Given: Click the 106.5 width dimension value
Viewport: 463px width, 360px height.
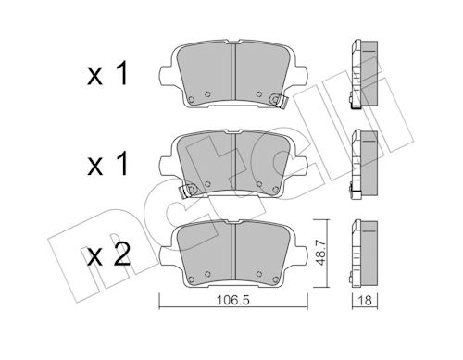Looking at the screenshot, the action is (233, 300).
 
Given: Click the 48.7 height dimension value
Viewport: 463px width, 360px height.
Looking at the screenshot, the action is (321, 253).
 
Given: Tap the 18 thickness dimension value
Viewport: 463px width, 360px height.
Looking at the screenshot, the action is (365, 300).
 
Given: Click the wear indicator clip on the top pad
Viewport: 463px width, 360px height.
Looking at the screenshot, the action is (279, 101).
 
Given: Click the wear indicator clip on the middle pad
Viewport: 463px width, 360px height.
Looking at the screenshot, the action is (188, 191).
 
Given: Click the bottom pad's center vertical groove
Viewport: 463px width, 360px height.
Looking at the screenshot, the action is (233, 252).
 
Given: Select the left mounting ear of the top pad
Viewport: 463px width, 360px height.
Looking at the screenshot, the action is (167, 75).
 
